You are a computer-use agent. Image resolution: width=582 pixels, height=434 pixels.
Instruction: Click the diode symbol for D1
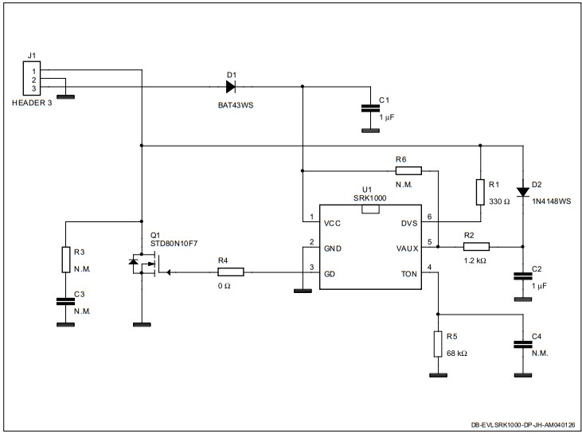[231, 86]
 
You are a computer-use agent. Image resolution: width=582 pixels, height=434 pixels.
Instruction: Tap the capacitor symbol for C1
[369, 108]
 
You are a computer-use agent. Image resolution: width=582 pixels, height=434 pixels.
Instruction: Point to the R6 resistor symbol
[408, 170]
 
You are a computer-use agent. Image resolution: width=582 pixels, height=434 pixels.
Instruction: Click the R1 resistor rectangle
[480, 193]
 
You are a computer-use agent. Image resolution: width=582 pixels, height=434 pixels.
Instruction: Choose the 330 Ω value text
[500, 202]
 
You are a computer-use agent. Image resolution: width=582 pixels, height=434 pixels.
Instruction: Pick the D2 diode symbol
[522, 191]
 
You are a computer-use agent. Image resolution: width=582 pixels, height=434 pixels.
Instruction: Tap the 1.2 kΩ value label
[475, 260]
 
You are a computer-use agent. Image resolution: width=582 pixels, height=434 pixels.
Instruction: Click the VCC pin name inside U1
[334, 223]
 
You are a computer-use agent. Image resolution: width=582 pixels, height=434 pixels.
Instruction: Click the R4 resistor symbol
[230, 272]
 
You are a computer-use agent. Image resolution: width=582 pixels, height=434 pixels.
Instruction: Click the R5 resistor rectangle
[437, 344]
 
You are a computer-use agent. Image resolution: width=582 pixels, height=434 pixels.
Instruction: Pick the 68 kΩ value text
[458, 353]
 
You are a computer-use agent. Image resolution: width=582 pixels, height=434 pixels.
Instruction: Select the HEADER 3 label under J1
[32, 104]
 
